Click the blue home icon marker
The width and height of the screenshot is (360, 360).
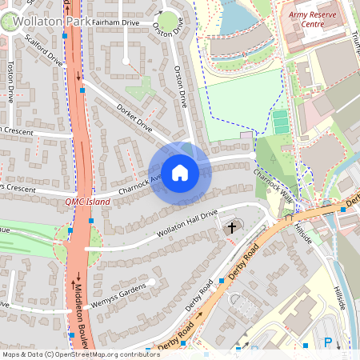point(180,173)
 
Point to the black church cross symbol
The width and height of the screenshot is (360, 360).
point(232,228)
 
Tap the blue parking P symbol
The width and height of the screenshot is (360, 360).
point(327,342)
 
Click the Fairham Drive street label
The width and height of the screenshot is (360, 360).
point(115,24)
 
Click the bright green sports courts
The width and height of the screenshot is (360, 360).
point(280,122)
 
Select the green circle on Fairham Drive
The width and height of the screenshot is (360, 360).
point(168,22)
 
